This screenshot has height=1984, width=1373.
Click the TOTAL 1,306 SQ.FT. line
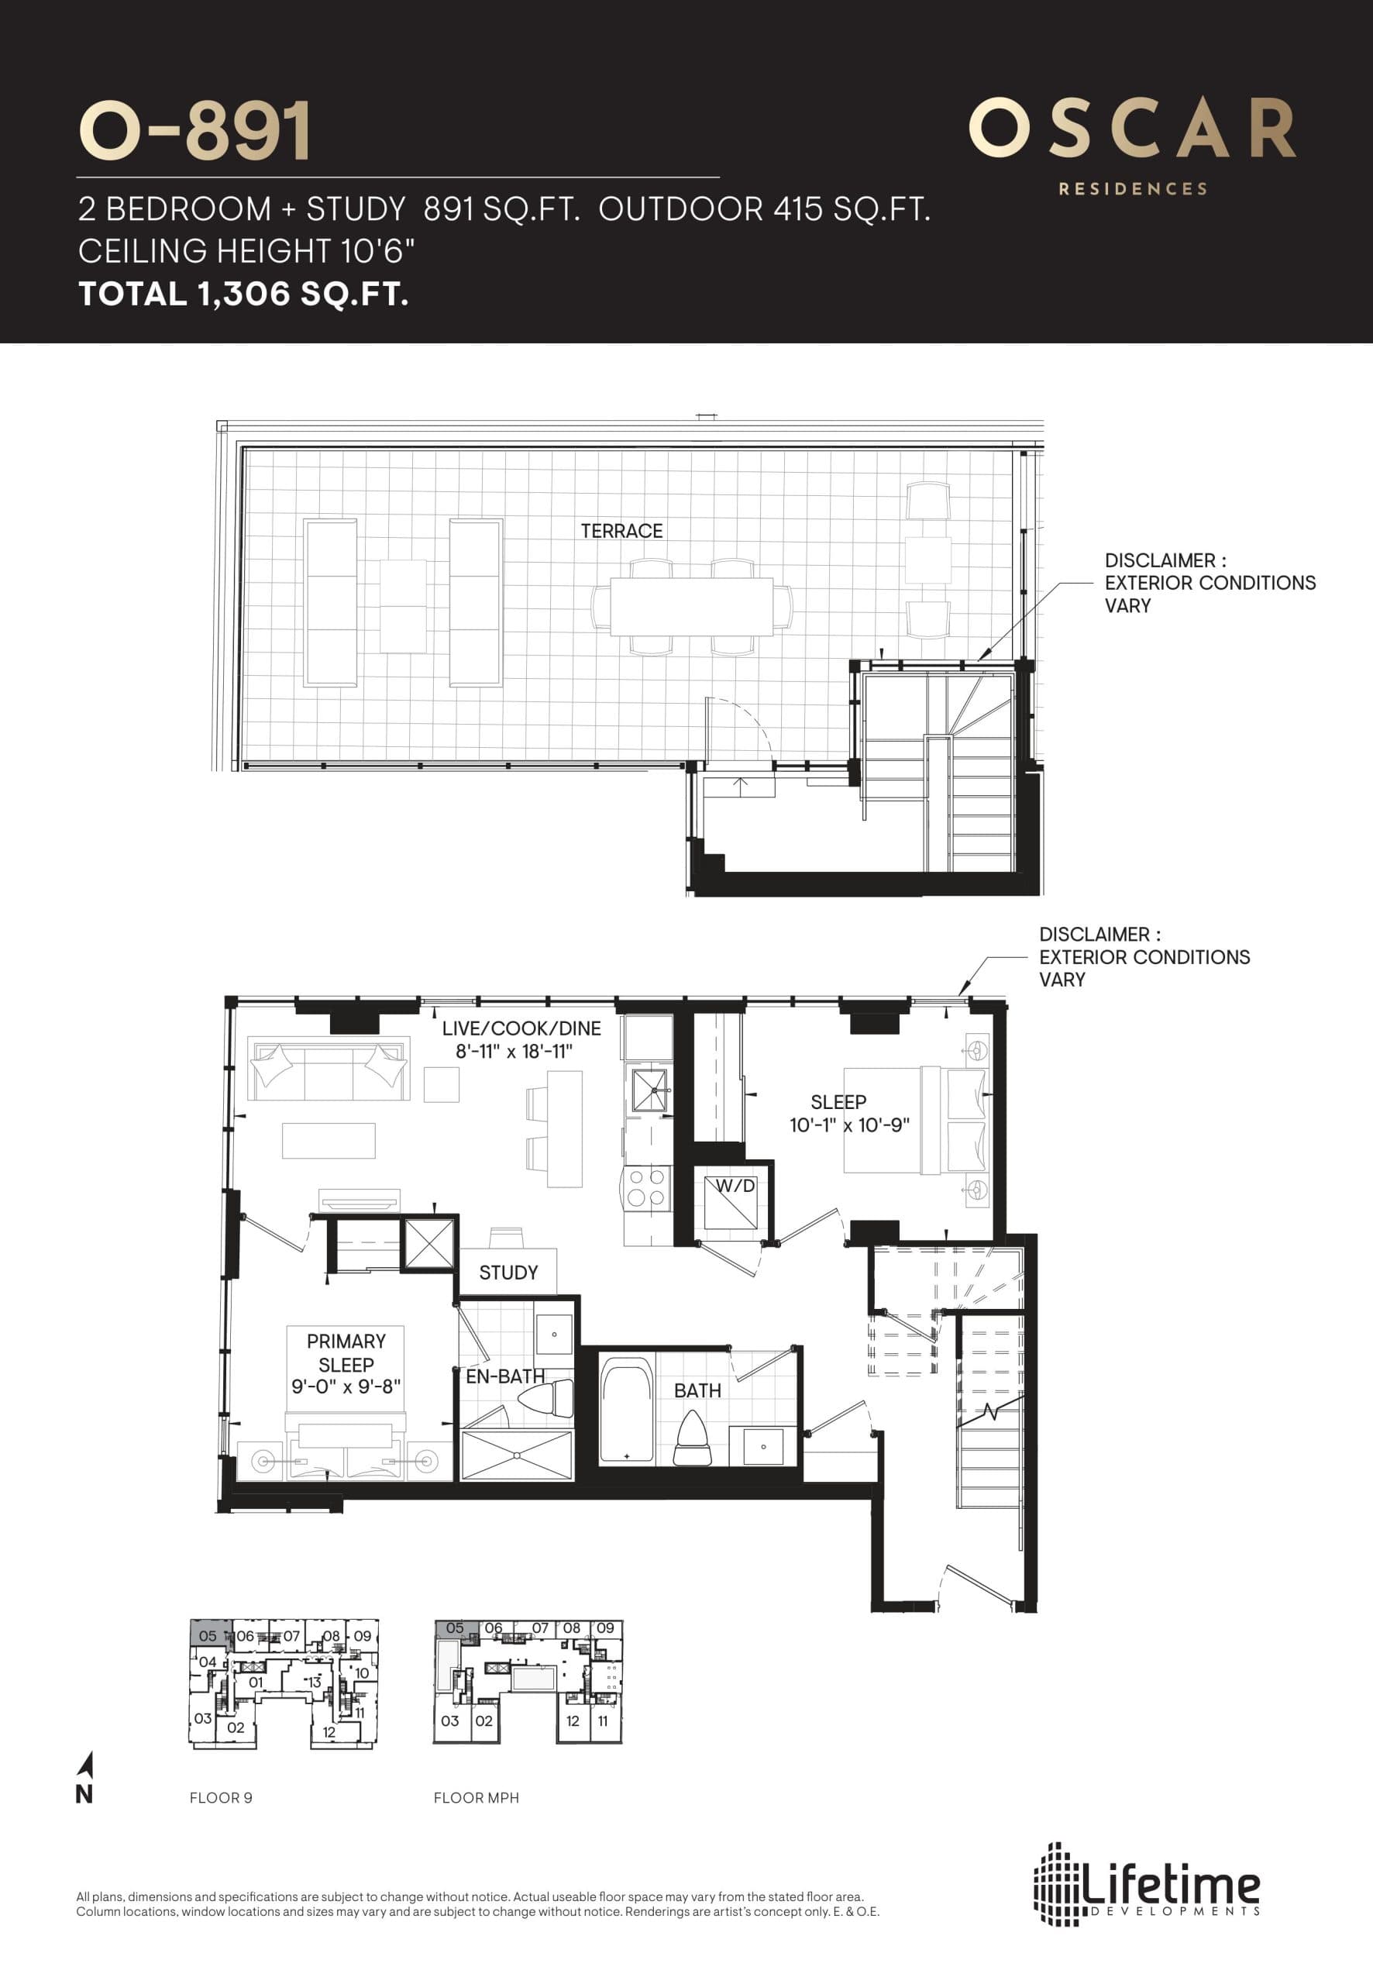(x=243, y=294)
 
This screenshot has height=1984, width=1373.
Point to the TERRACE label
(x=621, y=531)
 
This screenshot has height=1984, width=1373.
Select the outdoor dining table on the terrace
(x=692, y=607)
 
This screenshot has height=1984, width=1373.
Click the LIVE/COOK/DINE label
(x=521, y=1028)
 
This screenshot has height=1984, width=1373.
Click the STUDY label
(x=508, y=1273)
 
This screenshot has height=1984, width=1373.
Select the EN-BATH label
(x=505, y=1376)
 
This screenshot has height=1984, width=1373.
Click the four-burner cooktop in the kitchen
(x=646, y=1188)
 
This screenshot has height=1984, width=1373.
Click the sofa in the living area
(x=327, y=1069)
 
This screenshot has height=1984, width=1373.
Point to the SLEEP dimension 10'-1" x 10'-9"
(x=849, y=1125)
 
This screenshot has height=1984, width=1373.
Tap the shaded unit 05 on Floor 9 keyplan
(x=208, y=1634)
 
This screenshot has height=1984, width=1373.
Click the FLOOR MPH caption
(x=476, y=1798)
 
